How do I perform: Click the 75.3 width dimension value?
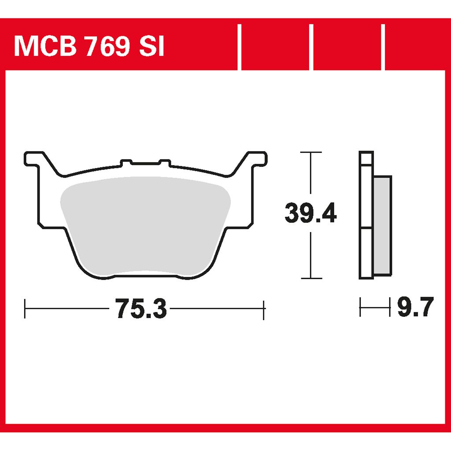click(x=141, y=308)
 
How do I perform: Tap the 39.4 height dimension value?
click(x=311, y=213)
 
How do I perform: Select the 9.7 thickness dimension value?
click(x=415, y=307)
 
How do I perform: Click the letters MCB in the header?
click(x=45, y=46)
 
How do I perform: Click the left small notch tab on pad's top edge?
click(x=126, y=163)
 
